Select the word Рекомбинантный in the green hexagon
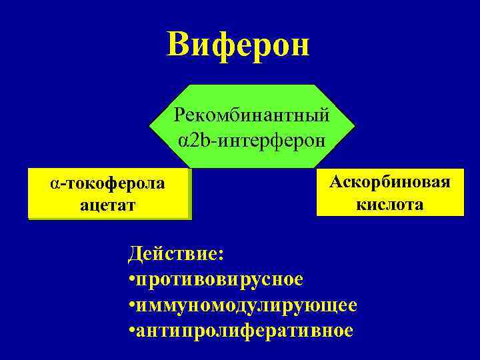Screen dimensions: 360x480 click(x=251, y=115)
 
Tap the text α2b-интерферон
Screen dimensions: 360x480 click(x=251, y=141)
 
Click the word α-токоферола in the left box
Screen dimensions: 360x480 click(x=109, y=183)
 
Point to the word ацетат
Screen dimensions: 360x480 click(x=108, y=205)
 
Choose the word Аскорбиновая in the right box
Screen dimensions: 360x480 click(x=390, y=181)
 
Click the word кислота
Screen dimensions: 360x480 click(x=390, y=204)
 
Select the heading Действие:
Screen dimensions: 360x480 click(x=177, y=254)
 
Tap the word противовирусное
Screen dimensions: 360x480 click(x=220, y=279)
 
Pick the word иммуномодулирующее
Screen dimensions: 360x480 click(x=247, y=305)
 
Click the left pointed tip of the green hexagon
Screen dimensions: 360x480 click(x=149, y=126)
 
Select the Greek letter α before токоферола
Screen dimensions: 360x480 click(x=54, y=184)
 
